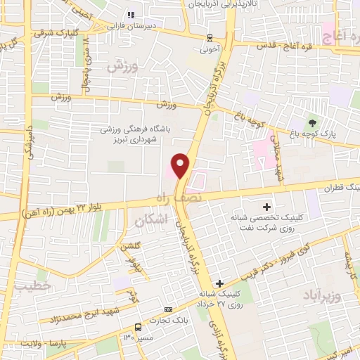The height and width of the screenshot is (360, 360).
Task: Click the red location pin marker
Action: click(181, 165)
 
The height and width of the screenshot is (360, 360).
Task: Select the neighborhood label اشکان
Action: click(149, 220)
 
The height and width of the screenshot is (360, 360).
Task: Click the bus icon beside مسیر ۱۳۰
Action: click(138, 327)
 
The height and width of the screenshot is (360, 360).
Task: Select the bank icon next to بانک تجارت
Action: click(167, 309)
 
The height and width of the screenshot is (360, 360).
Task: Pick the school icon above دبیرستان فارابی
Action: click(130, 14)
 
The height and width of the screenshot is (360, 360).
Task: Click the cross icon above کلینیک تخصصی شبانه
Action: click(266, 207)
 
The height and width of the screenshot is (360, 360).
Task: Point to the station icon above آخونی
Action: click(210, 38)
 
